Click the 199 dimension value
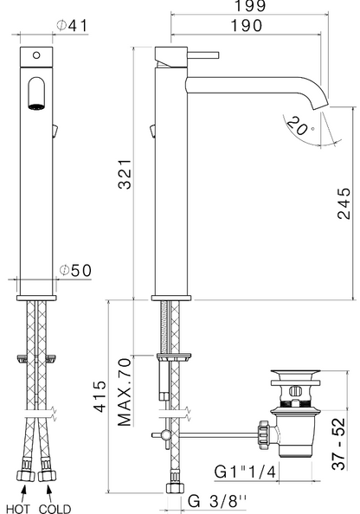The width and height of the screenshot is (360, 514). point(250,5)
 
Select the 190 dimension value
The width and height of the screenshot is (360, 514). point(247,26)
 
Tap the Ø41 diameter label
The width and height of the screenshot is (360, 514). point(72,26)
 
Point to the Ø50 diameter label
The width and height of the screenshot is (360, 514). point(76,271)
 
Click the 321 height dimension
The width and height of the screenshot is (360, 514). point(125,175)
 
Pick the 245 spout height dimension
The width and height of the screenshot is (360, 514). point(344,203)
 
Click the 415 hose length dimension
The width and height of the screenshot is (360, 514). point(100,396)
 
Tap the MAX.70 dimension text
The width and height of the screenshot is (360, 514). point(125,392)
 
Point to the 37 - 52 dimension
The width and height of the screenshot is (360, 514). point(338,444)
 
